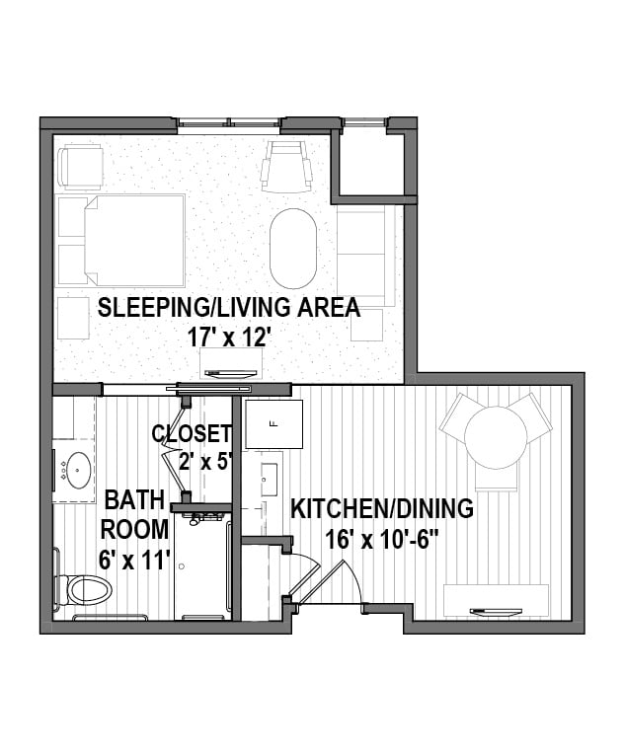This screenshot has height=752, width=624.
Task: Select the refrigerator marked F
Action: tap(274, 423)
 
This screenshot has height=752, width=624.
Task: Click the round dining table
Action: tap(493, 434)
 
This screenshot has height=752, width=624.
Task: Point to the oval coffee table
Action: tap(293, 248)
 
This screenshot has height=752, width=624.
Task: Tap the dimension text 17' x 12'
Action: tap(227, 338)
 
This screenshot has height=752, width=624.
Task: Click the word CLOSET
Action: tap(192, 433)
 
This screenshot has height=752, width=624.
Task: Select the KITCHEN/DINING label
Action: tap(382, 509)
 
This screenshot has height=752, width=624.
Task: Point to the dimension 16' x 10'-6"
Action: tap(382, 540)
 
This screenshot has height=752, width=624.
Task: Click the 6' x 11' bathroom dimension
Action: tap(135, 560)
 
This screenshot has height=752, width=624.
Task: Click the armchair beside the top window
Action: tap(286, 167)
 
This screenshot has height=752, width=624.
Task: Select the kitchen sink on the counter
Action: tap(269, 480)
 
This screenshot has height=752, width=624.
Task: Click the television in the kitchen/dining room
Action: tap(497, 611)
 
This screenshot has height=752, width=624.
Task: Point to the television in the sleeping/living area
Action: tap(231, 373)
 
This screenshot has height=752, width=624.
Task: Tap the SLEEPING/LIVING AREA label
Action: tap(229, 308)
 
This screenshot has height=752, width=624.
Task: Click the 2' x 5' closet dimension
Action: tap(206, 463)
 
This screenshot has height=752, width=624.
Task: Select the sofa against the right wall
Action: tap(365, 256)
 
